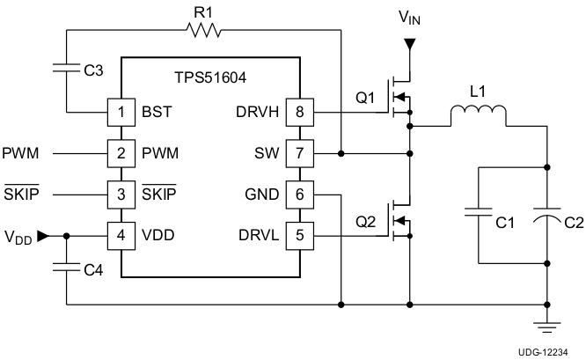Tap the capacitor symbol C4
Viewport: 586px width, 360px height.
[67, 268]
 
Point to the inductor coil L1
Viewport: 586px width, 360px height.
[478, 115]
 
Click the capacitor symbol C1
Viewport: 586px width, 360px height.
[478, 214]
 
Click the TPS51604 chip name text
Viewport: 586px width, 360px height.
[209, 78]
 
